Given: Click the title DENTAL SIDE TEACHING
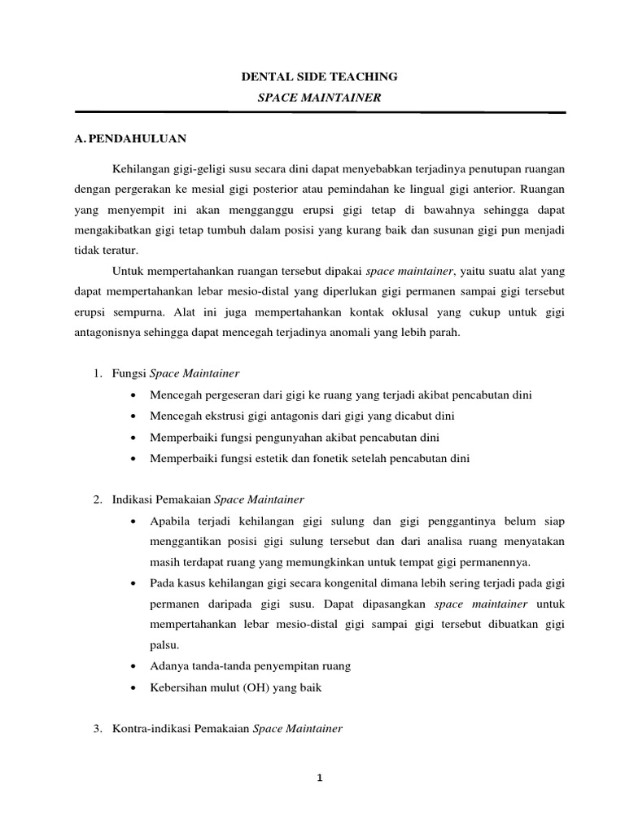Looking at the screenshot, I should point(319,76).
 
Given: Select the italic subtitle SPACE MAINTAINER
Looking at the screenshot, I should point(319,97).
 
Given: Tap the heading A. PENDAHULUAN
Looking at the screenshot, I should point(130,138).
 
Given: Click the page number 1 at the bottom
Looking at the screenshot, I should point(321,778).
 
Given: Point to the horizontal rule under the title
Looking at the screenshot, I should point(319,112).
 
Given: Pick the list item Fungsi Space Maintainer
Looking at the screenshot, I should point(176,373).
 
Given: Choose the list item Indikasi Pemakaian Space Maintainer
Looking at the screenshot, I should point(208,499).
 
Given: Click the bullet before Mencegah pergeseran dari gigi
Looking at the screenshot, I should point(132,396).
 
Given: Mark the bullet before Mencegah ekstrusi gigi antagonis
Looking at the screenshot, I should point(132,416).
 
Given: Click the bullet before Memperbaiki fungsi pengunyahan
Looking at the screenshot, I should point(132,438).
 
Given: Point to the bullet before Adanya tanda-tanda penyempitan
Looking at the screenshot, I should point(132,666).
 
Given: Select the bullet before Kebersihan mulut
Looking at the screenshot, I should point(132,687).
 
